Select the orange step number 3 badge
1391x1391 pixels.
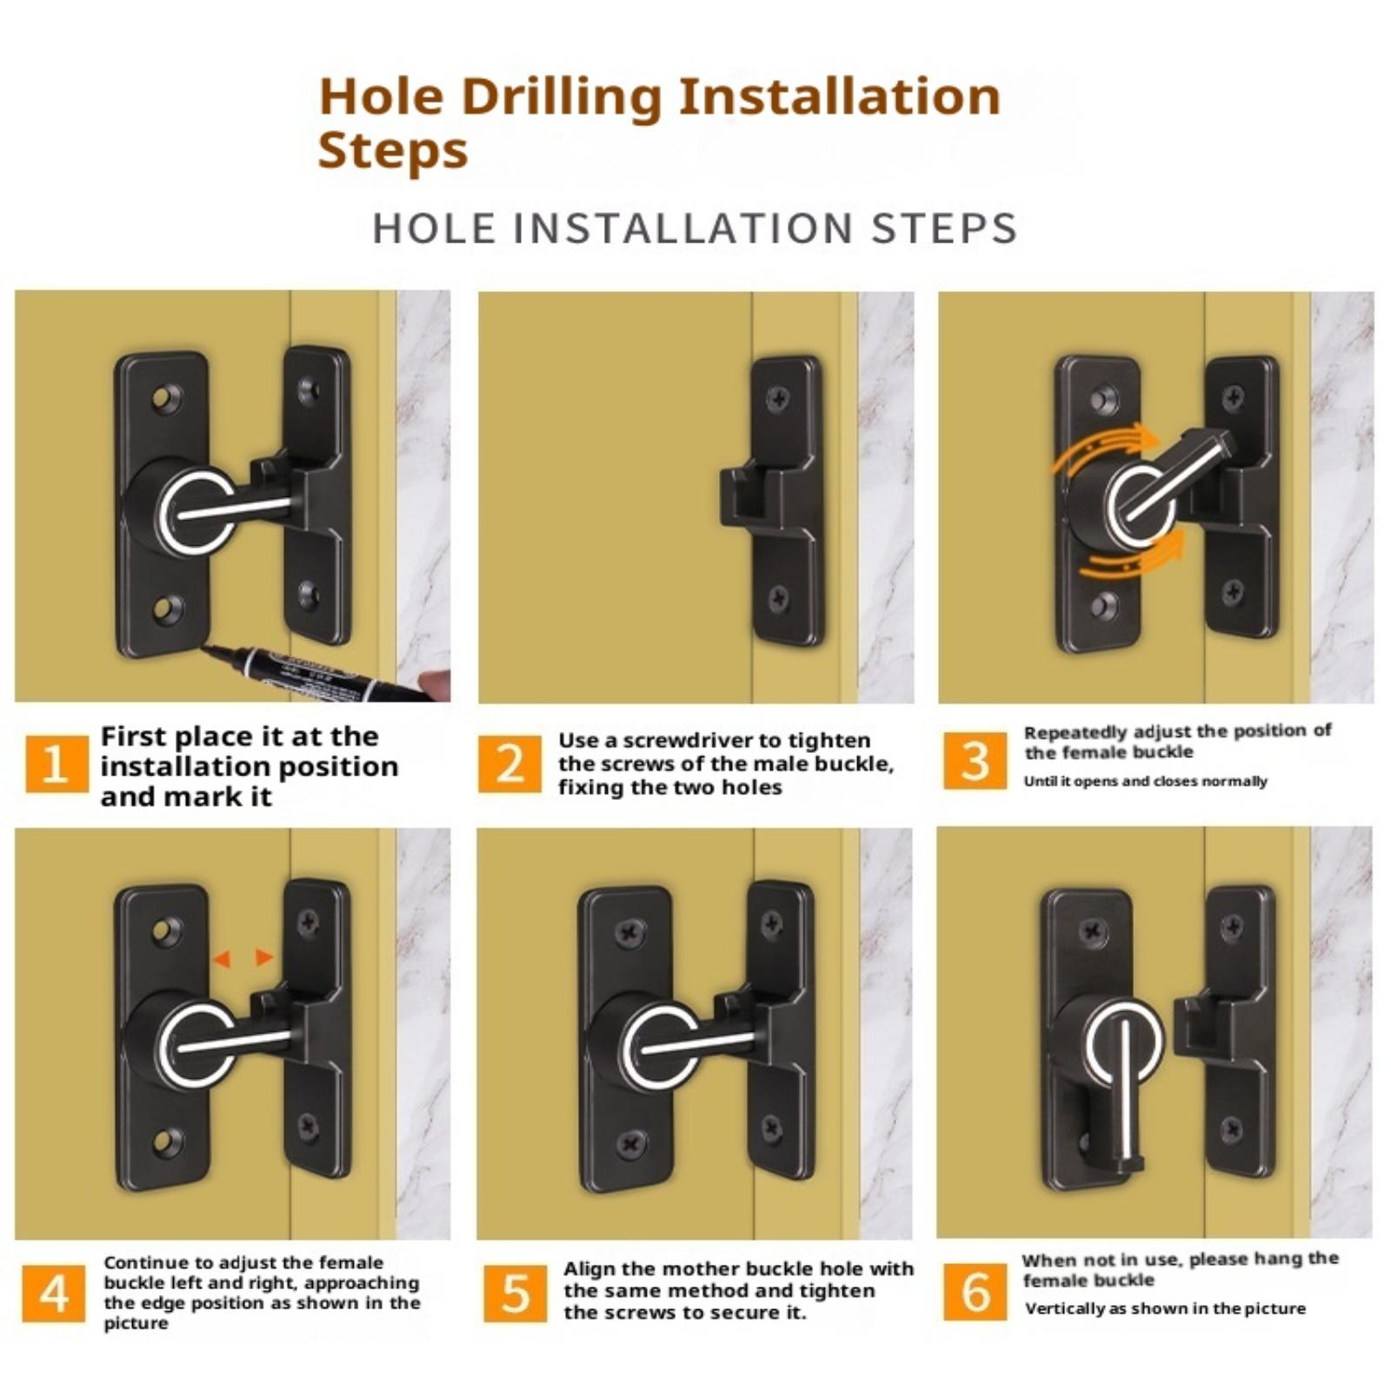click(975, 761)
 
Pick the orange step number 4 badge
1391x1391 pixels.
click(53, 1293)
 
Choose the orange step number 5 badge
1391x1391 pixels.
click(516, 1293)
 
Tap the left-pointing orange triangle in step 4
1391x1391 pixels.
click(222, 959)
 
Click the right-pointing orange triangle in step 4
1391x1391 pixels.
click(263, 958)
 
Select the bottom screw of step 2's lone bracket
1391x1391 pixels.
click(779, 598)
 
